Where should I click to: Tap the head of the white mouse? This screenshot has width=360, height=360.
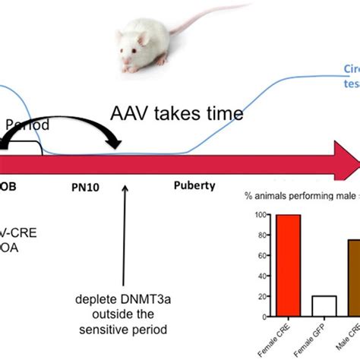[x=131, y=55]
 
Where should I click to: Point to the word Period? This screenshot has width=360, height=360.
[x=29, y=122]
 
